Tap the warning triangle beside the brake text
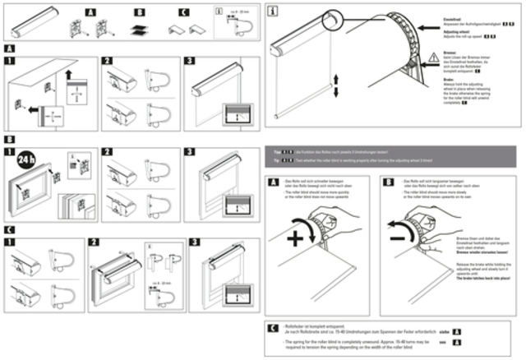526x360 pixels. (433, 58)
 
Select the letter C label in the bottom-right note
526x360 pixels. (273, 328)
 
